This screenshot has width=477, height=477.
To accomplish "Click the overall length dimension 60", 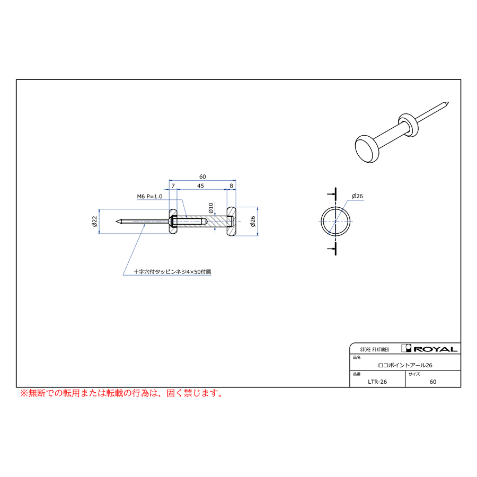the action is pyautogui.click(x=202, y=176).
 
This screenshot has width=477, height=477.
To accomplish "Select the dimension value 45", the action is pyautogui.click(x=200, y=185).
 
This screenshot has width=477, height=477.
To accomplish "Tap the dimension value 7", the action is pyautogui.click(x=173, y=185).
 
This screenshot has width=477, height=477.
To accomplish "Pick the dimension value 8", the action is pyautogui.click(x=231, y=185).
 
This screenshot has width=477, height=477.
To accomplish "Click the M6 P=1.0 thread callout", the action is pyautogui.click(x=149, y=197).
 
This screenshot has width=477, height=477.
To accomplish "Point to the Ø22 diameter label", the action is pyautogui.click(x=94, y=222).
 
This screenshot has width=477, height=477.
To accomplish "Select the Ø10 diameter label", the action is pyautogui.click(x=211, y=208).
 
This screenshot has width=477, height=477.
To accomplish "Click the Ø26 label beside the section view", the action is pyautogui.click(x=252, y=222).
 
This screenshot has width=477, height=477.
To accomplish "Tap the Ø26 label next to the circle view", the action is pyautogui.click(x=357, y=196).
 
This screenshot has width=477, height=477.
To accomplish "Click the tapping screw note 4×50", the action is pyautogui.click(x=172, y=272).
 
